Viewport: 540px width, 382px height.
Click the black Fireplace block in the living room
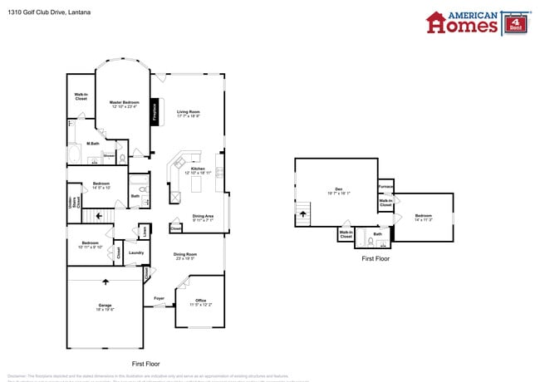coord(155,112)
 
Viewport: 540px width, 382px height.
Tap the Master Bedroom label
coord(123,105)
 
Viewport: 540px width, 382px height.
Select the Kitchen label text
coord(198,170)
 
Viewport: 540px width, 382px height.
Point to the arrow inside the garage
coord(105,282)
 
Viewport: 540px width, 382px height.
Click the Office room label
coord(200,302)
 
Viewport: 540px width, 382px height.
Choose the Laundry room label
coord(137,252)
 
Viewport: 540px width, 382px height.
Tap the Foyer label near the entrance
coord(159,298)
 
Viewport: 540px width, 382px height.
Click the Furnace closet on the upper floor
coord(385,187)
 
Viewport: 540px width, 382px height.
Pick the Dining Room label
coord(184,256)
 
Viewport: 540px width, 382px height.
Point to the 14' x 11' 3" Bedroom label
coord(424,218)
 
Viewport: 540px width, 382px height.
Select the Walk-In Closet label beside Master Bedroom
coord(81,97)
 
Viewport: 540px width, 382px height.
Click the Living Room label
coord(189,113)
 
